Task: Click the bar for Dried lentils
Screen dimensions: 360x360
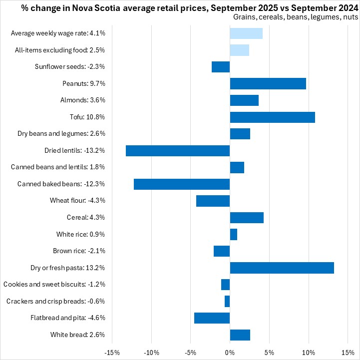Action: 178,151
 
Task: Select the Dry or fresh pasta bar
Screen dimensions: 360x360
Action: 282,268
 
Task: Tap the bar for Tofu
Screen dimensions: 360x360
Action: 272,117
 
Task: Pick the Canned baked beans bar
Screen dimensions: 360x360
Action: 182,184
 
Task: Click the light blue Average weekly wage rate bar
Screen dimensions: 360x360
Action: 246,33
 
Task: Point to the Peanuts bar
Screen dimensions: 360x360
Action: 268,83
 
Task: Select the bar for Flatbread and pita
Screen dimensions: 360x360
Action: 212,318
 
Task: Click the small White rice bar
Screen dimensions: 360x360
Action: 233,234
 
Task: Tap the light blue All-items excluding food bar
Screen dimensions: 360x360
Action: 240,50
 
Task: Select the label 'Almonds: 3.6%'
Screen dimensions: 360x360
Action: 83,100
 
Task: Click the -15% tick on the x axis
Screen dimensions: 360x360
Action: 112,353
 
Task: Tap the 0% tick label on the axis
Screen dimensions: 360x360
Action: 230,353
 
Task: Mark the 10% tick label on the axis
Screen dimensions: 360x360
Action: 309,353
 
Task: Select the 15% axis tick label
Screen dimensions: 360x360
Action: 348,353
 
